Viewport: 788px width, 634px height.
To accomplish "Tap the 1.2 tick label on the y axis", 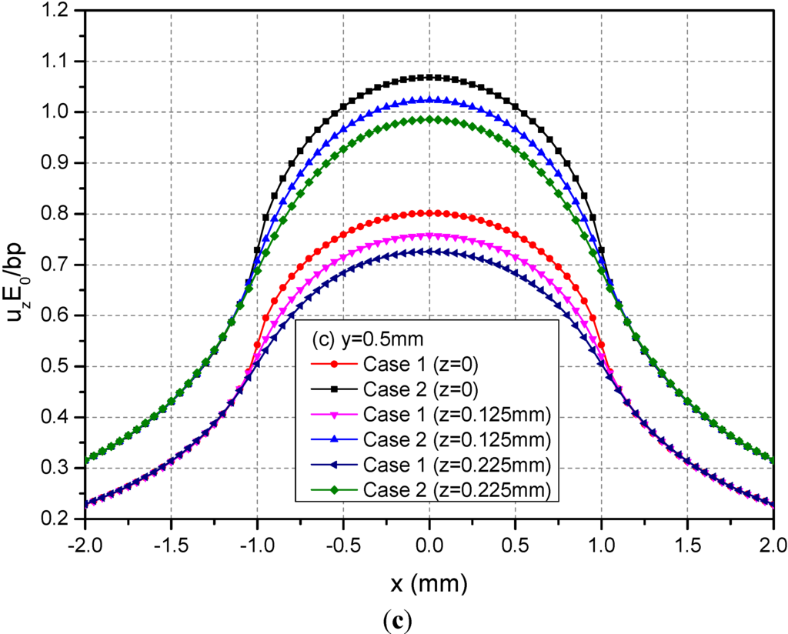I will [x=58, y=11].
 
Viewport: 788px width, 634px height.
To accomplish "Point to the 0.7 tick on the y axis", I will [x=58, y=265].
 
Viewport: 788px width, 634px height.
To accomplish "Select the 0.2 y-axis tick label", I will [x=58, y=519].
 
